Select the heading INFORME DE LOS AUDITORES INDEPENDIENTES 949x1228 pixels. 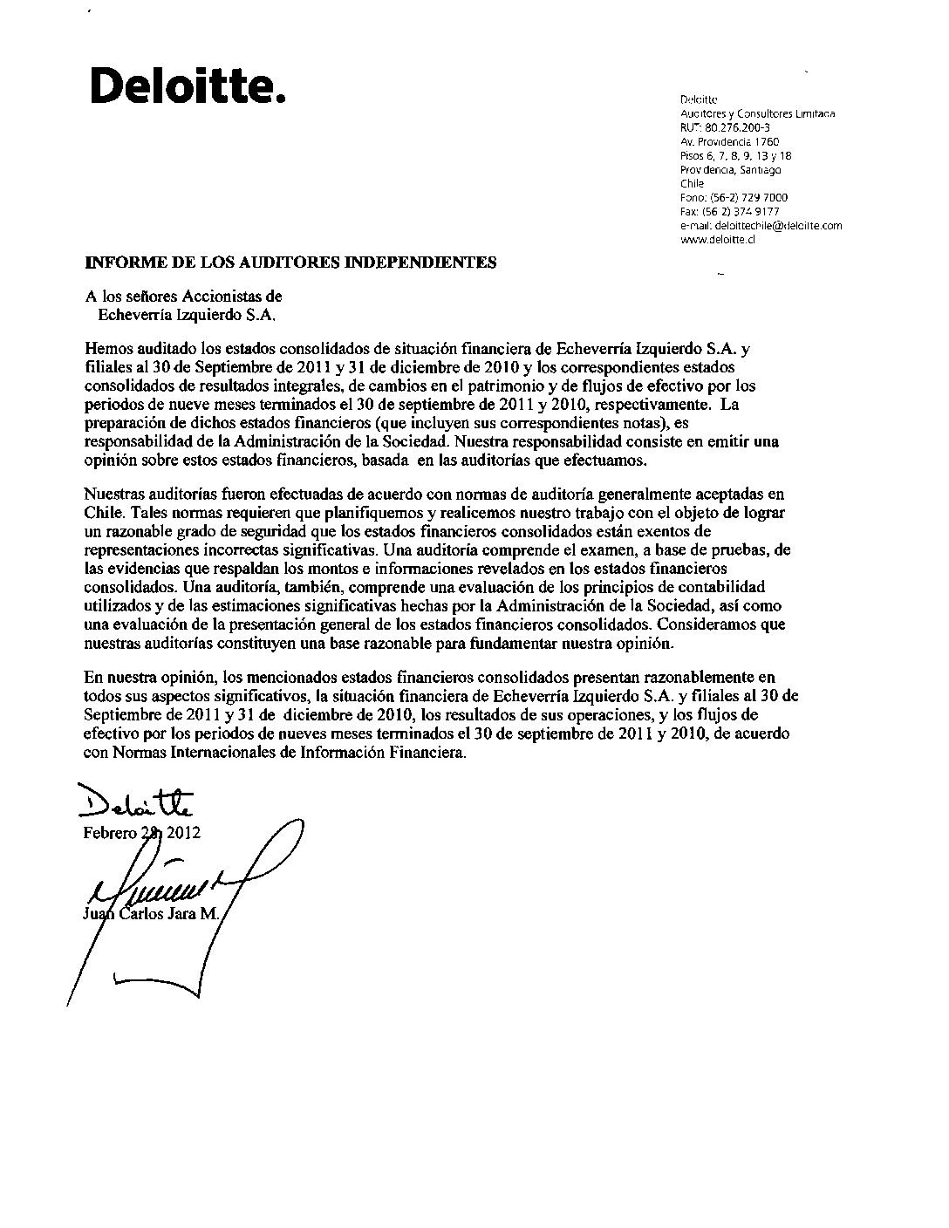coord(290,262)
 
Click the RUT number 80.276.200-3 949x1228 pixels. coord(724,127)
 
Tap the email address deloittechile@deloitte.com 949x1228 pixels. coord(761,225)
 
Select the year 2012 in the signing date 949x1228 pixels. coord(183,832)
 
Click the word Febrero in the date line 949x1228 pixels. coord(110,832)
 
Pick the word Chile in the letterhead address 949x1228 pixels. coord(692,183)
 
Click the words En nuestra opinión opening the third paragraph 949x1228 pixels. coord(149,676)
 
